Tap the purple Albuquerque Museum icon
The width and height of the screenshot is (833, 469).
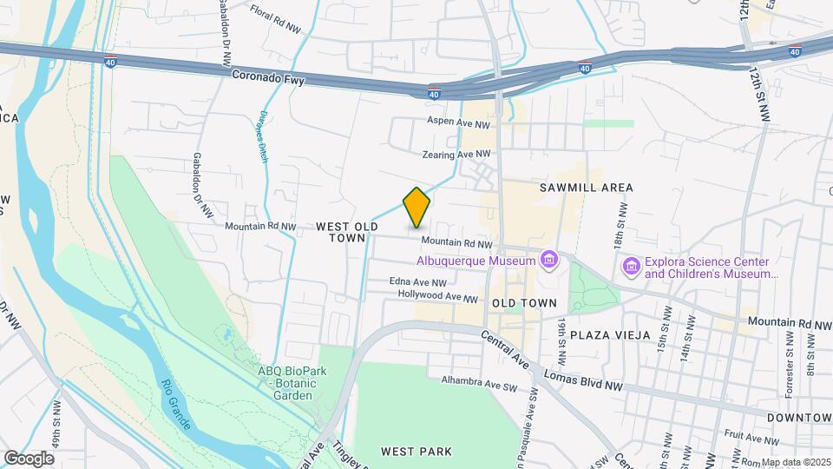click(548, 260)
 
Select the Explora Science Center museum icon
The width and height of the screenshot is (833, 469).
click(631, 266)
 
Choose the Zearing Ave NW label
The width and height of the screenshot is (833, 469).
click(456, 154)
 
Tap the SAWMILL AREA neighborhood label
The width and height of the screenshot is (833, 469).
click(586, 188)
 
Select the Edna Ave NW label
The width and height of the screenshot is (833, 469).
click(418, 282)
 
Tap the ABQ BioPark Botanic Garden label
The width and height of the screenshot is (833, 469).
click(285, 383)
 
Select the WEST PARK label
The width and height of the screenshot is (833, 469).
click(416, 452)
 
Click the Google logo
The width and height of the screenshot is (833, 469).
click(29, 458)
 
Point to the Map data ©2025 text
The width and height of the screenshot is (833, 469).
click(796, 462)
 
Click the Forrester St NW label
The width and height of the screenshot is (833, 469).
click(790, 365)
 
